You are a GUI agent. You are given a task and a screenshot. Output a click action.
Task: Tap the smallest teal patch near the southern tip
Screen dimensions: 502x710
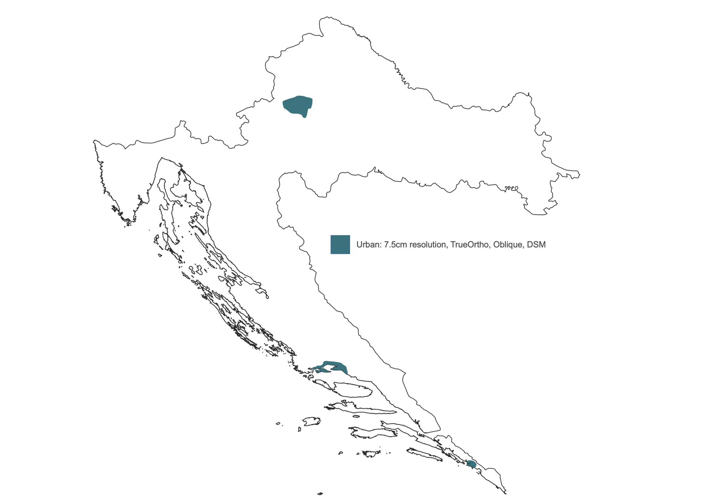point(471,464)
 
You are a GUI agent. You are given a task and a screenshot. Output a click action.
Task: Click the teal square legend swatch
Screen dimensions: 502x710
point(340,244)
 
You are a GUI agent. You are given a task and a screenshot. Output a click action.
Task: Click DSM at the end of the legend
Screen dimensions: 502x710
point(536,245)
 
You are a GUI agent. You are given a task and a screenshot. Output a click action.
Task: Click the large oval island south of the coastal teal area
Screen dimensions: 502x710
point(354,390)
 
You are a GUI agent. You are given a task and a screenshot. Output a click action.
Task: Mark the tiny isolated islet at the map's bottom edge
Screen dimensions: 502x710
point(320,494)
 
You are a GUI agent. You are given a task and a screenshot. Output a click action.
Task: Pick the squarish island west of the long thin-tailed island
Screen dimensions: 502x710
point(311,421)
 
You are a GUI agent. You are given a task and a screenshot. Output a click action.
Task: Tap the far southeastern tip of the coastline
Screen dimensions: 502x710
point(505,493)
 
